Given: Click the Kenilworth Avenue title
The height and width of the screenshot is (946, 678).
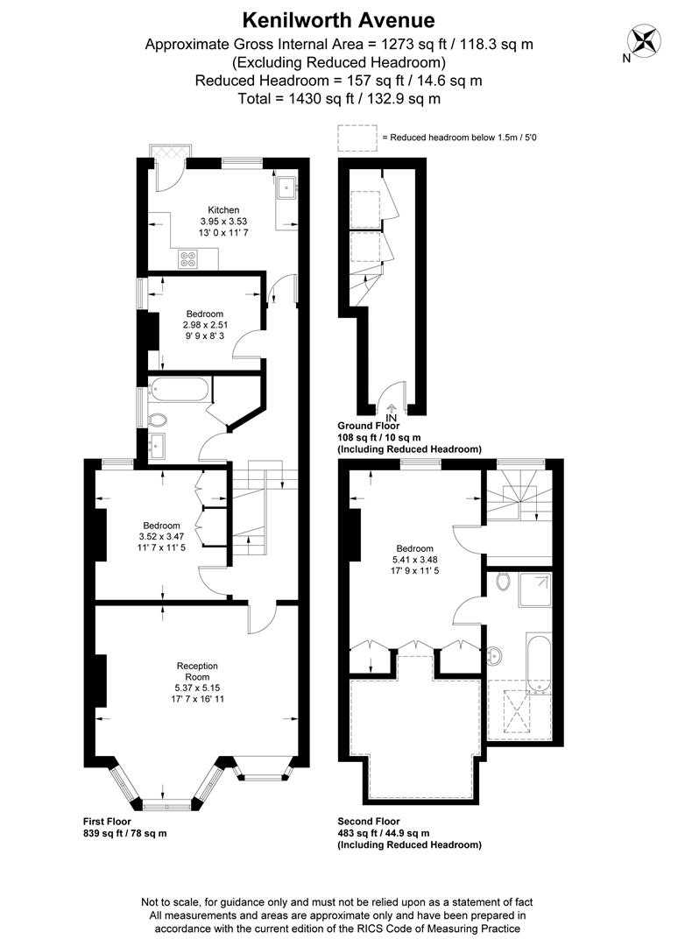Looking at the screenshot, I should coord(338,19).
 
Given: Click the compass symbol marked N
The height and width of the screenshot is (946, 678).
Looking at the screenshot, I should coord(645,40).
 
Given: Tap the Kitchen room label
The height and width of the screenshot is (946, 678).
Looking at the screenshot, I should coord(223,209).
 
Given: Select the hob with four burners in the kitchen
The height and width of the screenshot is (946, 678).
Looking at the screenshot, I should coord(189,258).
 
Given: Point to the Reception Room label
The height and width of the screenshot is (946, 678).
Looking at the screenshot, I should coord(197,671).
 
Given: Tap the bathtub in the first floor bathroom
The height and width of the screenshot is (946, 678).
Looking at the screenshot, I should coord(180,389).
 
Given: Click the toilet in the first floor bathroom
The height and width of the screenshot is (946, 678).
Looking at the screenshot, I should coord(158,419).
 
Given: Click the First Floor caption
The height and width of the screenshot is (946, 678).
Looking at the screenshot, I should coord(112,822).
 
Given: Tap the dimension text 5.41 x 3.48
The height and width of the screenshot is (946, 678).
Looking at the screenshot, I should coord(414,560).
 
